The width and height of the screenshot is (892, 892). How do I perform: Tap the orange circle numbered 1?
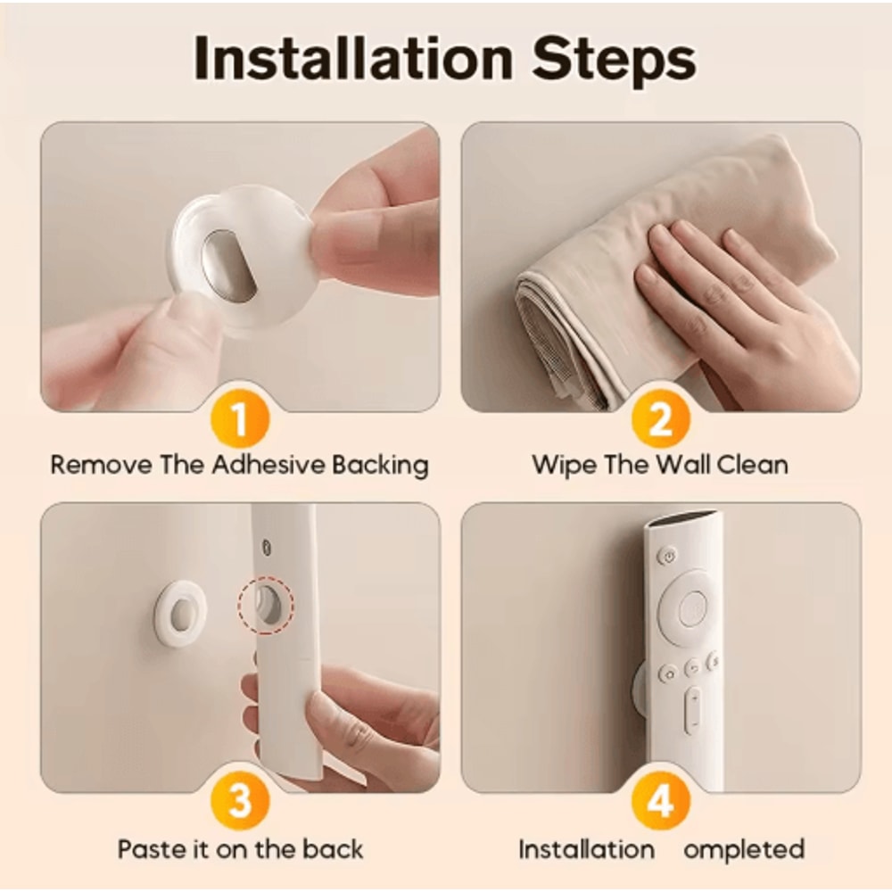239,417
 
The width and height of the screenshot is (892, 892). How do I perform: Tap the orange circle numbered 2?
659,417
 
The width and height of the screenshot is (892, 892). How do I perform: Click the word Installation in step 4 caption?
586,848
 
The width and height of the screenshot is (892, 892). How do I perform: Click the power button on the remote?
667,557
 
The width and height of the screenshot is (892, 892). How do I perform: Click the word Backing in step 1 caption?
380,465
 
